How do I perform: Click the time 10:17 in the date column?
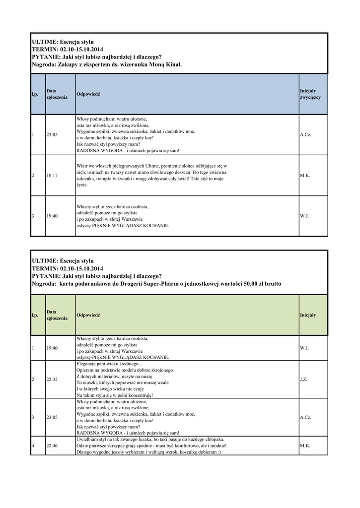pyautogui.click(x=52, y=176)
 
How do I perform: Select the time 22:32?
pyautogui.click(x=52, y=380)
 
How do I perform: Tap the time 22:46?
pyautogui.click(x=52, y=446)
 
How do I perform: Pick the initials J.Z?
pyautogui.click(x=303, y=380)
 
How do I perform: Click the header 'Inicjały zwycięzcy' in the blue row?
pyautogui.click(x=310, y=94)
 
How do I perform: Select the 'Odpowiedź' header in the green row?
pyautogui.click(x=88, y=316)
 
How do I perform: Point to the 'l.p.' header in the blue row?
pyautogui.click(x=35, y=94)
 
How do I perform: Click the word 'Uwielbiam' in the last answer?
pyautogui.click(x=87, y=440)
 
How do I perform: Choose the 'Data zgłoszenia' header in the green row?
pyautogui.click(x=57, y=315)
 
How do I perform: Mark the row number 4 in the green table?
pyautogui.click(x=33, y=446)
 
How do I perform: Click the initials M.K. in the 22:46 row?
pyautogui.click(x=305, y=446)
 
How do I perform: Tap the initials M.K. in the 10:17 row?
pyautogui.click(x=305, y=176)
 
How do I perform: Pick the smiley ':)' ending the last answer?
pyautogui.click(x=219, y=452)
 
